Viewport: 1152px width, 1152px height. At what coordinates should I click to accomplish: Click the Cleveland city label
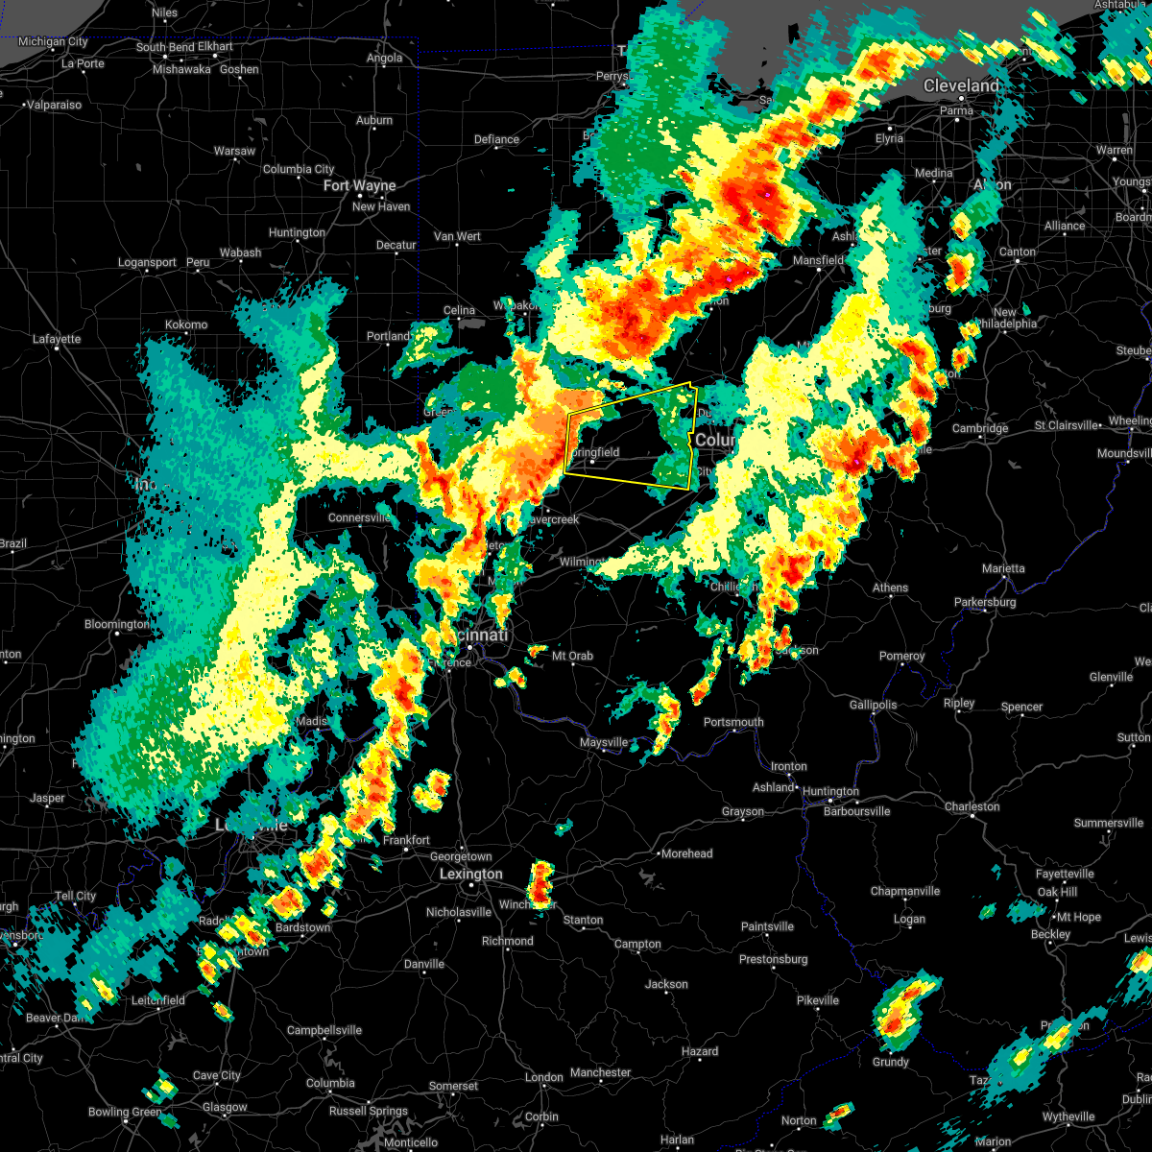961,86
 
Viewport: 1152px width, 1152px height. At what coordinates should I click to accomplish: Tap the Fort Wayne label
360,186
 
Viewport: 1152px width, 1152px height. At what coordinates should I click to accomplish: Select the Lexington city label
470,875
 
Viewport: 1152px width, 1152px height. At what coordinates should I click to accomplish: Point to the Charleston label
972,807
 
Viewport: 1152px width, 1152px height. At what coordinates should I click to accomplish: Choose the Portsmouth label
733,723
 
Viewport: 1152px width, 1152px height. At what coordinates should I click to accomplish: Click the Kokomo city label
186,324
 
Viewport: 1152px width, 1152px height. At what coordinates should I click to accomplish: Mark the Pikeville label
818,1001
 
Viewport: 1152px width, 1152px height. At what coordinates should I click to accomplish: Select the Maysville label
604,743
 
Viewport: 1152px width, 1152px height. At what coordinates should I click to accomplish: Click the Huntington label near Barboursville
830,792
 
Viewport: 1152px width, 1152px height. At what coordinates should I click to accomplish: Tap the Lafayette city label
57,339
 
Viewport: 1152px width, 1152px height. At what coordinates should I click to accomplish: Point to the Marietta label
1003,569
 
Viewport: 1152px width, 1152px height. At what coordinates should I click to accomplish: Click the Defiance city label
496,140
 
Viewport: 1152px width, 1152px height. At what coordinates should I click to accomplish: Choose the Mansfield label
818,261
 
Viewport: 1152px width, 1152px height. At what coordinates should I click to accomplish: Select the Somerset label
453,1087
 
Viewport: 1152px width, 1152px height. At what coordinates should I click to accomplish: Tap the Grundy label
891,1063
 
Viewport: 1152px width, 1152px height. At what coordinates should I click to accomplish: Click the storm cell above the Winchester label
542,880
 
